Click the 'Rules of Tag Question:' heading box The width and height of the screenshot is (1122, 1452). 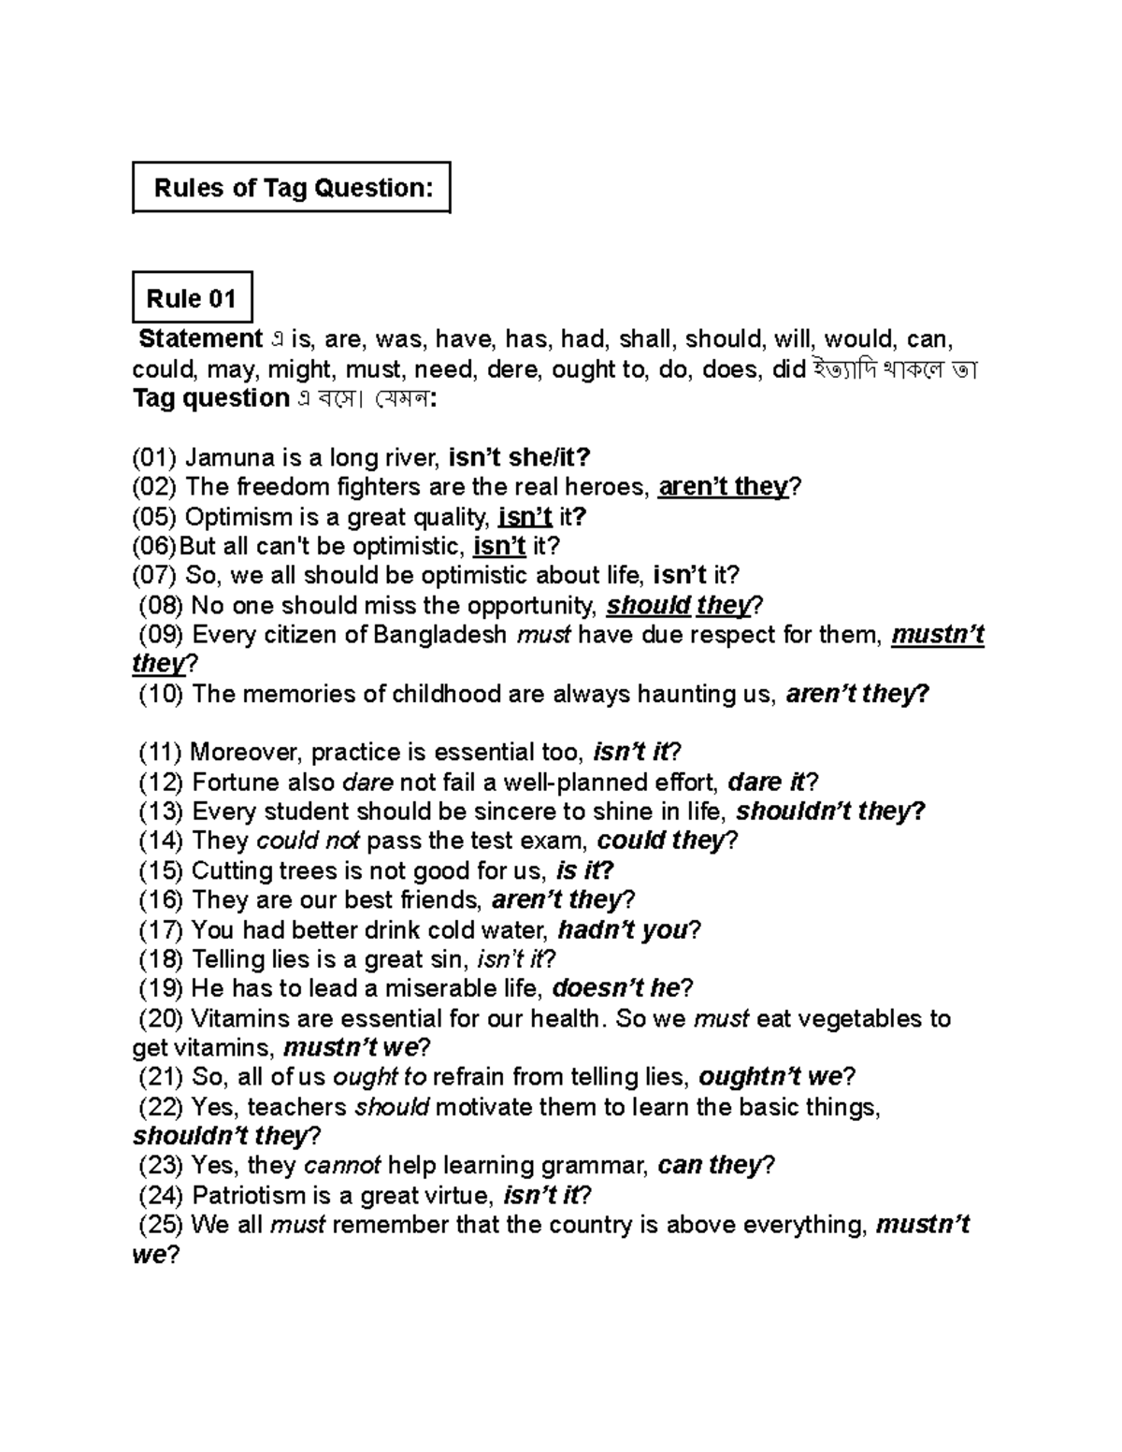tap(292, 188)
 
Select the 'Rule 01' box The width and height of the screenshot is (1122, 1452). tap(192, 299)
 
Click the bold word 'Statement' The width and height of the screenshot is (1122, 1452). tap(200, 338)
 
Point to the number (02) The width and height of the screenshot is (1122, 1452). tap(153, 487)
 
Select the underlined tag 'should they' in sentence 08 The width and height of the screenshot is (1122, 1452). tap(678, 606)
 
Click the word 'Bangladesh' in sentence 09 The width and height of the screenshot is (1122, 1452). tap(440, 636)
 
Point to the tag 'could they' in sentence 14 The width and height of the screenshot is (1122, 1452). tap(660, 841)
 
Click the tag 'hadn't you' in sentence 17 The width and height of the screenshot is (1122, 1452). tap(623, 929)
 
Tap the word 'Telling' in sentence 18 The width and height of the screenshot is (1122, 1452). tap(224, 959)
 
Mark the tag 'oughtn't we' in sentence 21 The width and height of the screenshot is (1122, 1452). tap(770, 1077)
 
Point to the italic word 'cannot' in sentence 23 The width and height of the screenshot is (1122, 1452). tap(342, 1165)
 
